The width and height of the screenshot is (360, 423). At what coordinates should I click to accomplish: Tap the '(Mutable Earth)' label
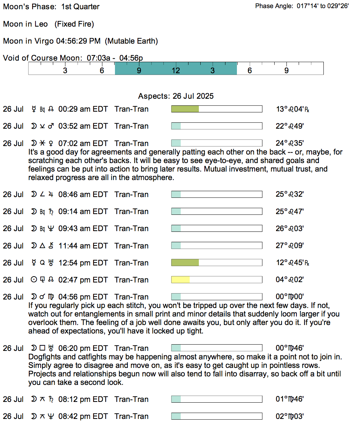point(132,41)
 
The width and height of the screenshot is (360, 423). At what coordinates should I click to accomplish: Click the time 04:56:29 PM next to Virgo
point(78,41)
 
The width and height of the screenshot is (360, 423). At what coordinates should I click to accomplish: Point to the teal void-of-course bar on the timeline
point(176,68)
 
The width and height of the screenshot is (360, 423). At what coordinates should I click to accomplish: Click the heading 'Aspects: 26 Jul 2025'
point(176,96)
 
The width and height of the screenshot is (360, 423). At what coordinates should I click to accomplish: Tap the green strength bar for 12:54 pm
point(185,263)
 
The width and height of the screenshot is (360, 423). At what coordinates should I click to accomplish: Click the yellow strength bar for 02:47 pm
point(180,280)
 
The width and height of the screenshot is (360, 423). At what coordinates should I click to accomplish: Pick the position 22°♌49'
point(290,126)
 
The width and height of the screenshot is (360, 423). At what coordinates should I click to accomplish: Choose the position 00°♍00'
point(290,297)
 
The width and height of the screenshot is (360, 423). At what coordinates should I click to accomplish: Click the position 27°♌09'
point(290,246)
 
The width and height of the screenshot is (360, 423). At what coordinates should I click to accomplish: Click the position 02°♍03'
point(290,416)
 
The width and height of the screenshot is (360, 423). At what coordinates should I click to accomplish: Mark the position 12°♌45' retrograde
point(292,263)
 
